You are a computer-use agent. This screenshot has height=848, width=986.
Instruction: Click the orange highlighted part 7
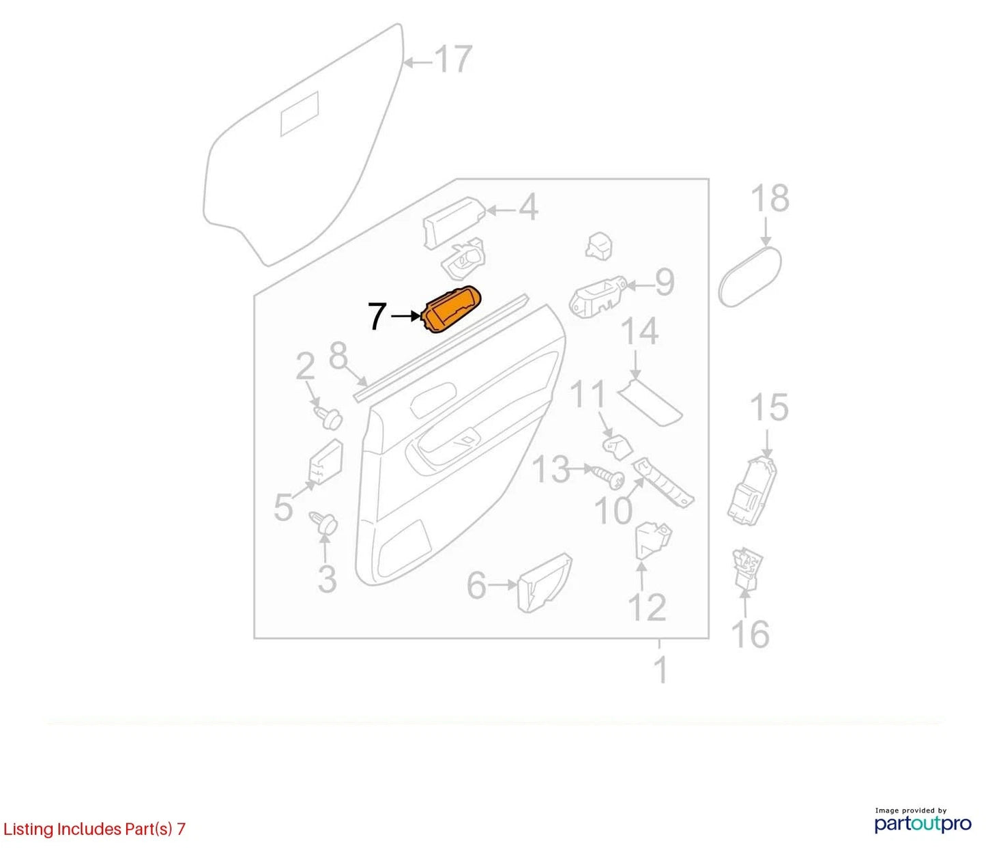pyautogui.click(x=450, y=310)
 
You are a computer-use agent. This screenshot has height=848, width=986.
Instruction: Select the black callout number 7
pyautogui.click(x=377, y=316)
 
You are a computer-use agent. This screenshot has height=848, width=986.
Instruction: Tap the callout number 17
pyautogui.click(x=453, y=59)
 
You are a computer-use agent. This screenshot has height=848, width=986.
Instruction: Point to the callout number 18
pyautogui.click(x=770, y=199)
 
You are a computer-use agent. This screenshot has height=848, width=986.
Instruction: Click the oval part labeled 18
pyautogui.click(x=750, y=277)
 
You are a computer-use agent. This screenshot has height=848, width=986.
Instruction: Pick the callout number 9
pyautogui.click(x=664, y=283)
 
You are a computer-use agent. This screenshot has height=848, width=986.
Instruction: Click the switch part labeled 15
pyautogui.click(x=752, y=491)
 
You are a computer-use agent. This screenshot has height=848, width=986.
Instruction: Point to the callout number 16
pyautogui.click(x=751, y=634)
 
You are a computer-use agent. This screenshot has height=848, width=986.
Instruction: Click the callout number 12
pyautogui.click(x=647, y=607)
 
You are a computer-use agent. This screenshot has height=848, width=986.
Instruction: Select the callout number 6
pyautogui.click(x=476, y=586)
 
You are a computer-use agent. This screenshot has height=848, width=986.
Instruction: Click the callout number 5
pyautogui.click(x=283, y=507)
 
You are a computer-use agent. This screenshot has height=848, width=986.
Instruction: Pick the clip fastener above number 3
pyautogui.click(x=324, y=524)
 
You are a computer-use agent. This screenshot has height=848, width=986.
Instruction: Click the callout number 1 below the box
pyautogui.click(x=661, y=670)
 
